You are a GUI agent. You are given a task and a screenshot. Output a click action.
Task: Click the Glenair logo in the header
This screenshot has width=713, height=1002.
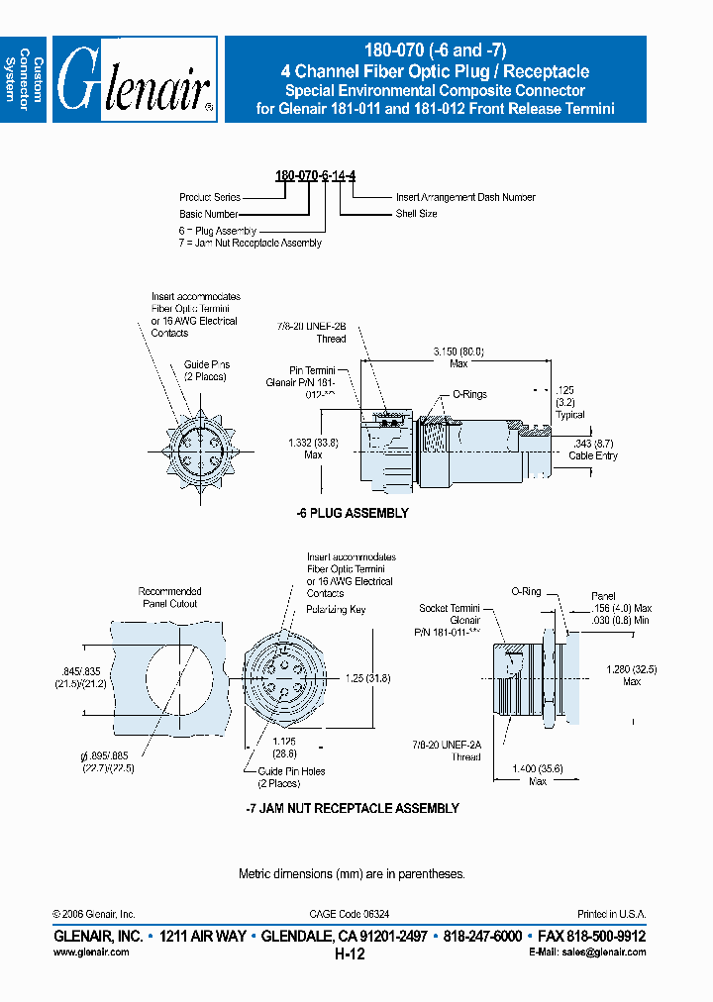point(135,80)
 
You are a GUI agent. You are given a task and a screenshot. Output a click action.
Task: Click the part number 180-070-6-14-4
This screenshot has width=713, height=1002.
point(315,175)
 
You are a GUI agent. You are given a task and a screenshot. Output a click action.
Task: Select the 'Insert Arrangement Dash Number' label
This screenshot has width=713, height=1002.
point(465,197)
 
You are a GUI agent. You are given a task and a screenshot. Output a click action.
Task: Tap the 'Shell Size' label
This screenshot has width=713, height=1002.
point(416,213)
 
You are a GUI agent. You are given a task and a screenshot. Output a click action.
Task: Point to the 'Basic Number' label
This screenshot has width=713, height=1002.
point(208,213)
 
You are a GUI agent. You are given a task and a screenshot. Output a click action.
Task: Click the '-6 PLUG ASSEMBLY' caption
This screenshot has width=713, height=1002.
point(353,514)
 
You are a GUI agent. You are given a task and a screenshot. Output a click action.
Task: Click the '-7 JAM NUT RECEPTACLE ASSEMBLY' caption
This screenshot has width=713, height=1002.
point(352,808)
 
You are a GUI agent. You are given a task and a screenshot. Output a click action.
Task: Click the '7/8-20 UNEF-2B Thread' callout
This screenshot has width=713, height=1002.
point(312,332)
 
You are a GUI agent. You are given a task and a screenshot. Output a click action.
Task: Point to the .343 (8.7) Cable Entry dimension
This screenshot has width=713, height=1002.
point(593,450)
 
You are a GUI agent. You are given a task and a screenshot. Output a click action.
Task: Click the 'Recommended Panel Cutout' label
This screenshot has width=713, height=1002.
point(169,597)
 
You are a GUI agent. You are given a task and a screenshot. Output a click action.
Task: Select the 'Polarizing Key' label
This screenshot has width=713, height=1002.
point(336,609)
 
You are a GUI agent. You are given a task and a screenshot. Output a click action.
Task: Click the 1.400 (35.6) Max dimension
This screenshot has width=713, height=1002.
point(538,774)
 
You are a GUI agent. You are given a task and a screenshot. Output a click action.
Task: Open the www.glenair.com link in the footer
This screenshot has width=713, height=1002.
point(90,952)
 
